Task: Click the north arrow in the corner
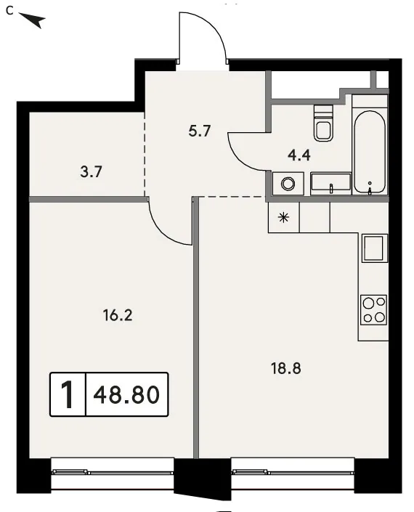33,20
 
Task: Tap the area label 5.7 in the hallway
200,131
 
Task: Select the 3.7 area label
92,171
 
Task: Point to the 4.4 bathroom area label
299,155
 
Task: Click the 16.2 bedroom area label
118,315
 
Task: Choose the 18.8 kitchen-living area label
286,368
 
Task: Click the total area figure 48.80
126,394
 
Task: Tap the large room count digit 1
68,395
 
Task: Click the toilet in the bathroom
323,123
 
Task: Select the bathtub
369,153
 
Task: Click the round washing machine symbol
288,184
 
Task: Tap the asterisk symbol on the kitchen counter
284,217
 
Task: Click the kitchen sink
373,249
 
